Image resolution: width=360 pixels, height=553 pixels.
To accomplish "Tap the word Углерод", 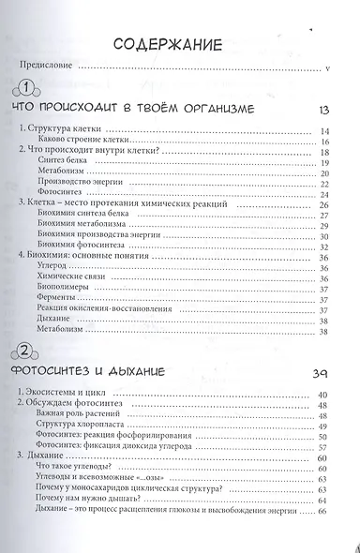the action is click(x=52, y=269).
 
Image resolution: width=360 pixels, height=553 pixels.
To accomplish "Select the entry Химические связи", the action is click(x=67, y=280).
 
